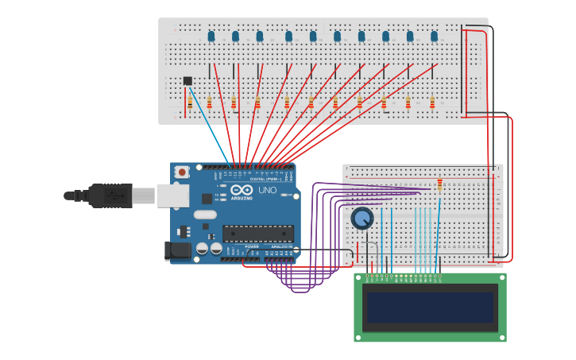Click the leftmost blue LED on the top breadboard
211,36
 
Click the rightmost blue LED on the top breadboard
435,36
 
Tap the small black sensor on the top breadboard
187,80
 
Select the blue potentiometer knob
362,218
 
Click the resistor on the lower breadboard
439,185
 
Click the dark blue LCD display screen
430,307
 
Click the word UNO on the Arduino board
267,190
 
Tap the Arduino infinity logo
242,190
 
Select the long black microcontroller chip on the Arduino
257,234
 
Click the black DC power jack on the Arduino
178,251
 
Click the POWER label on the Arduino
251,247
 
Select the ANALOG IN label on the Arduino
281,247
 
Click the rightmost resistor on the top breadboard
432,103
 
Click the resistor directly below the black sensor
189,103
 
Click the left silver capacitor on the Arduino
202,249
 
